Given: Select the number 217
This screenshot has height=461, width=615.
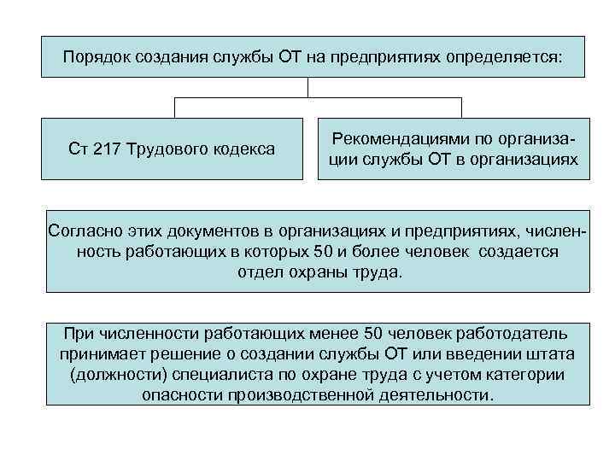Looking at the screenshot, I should pos(104,149).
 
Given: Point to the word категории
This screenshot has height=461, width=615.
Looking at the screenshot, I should pos(522,375).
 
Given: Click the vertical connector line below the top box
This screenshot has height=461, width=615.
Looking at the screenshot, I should pos(307,87).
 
